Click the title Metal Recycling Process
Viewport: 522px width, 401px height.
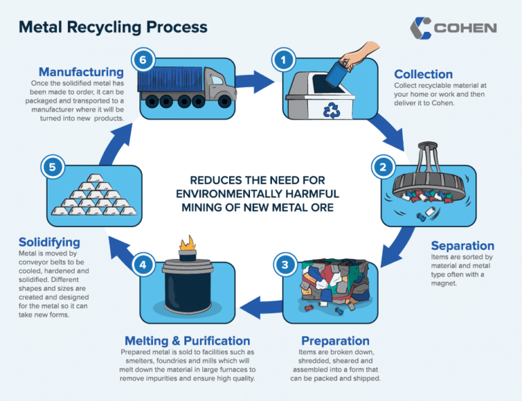point(113,28)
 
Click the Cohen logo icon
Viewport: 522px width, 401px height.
point(421,28)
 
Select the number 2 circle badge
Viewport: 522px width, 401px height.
point(382,166)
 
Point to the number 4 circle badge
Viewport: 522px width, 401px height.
point(142,264)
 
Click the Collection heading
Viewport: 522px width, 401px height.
point(423,74)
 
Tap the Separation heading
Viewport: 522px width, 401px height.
point(463,245)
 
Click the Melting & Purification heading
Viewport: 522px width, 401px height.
point(187,341)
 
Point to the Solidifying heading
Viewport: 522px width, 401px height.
point(50,242)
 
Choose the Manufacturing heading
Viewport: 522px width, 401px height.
point(81,71)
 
